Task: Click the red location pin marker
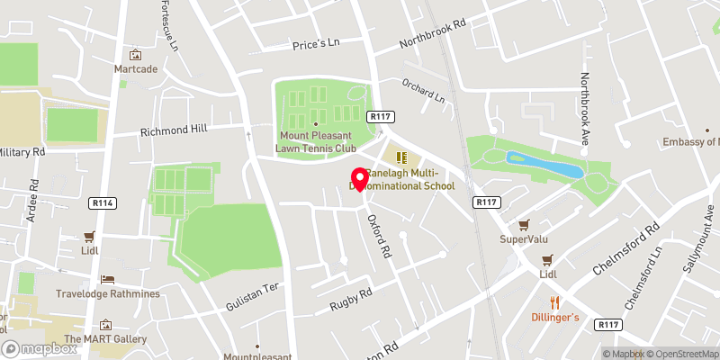pyautogui.click(x=359, y=178)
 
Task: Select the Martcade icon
pyautogui.click(x=136, y=55)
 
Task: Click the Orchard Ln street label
pyautogui.click(x=424, y=92)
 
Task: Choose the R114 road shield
pyautogui.click(x=103, y=204)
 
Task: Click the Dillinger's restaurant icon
pyautogui.click(x=555, y=302)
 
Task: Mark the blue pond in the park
pyautogui.click(x=544, y=165)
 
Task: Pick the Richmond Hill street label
pyautogui.click(x=174, y=130)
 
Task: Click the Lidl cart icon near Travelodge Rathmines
pyautogui.click(x=89, y=237)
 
